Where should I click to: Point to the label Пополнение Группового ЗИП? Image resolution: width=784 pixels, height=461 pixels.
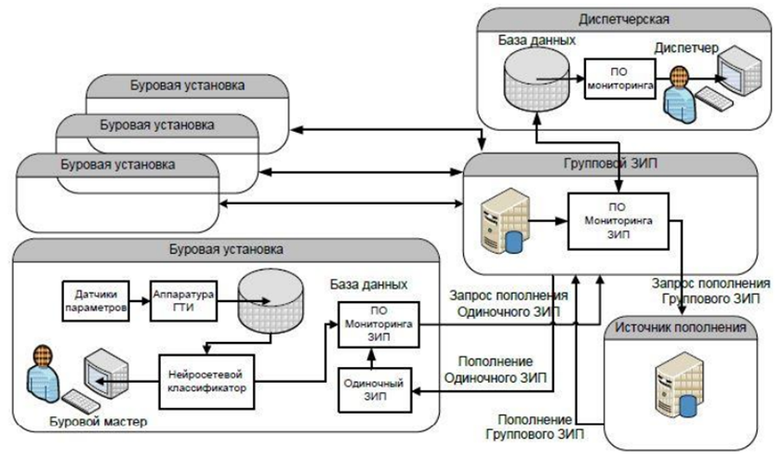coord(528,426)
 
